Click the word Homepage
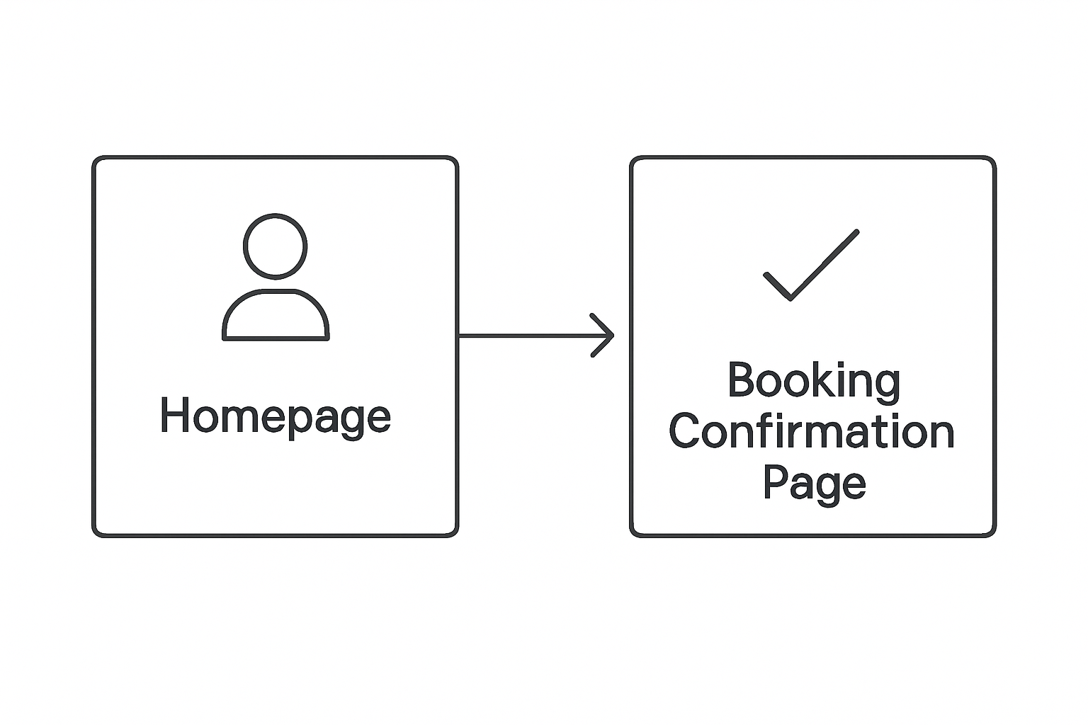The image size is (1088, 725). pos(275,416)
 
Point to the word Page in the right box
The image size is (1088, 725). pos(814,484)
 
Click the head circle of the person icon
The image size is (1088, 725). pos(276,246)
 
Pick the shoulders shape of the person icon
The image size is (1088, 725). pos(276,316)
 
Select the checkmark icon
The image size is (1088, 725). pos(810,266)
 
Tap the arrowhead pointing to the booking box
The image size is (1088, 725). pos(604,335)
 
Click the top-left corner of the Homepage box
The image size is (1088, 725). pos(95,159)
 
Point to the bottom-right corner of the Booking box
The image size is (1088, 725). pos(993,534)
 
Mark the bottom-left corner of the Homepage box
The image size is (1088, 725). pos(95,534)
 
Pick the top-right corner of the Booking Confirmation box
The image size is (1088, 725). pos(993,159)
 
